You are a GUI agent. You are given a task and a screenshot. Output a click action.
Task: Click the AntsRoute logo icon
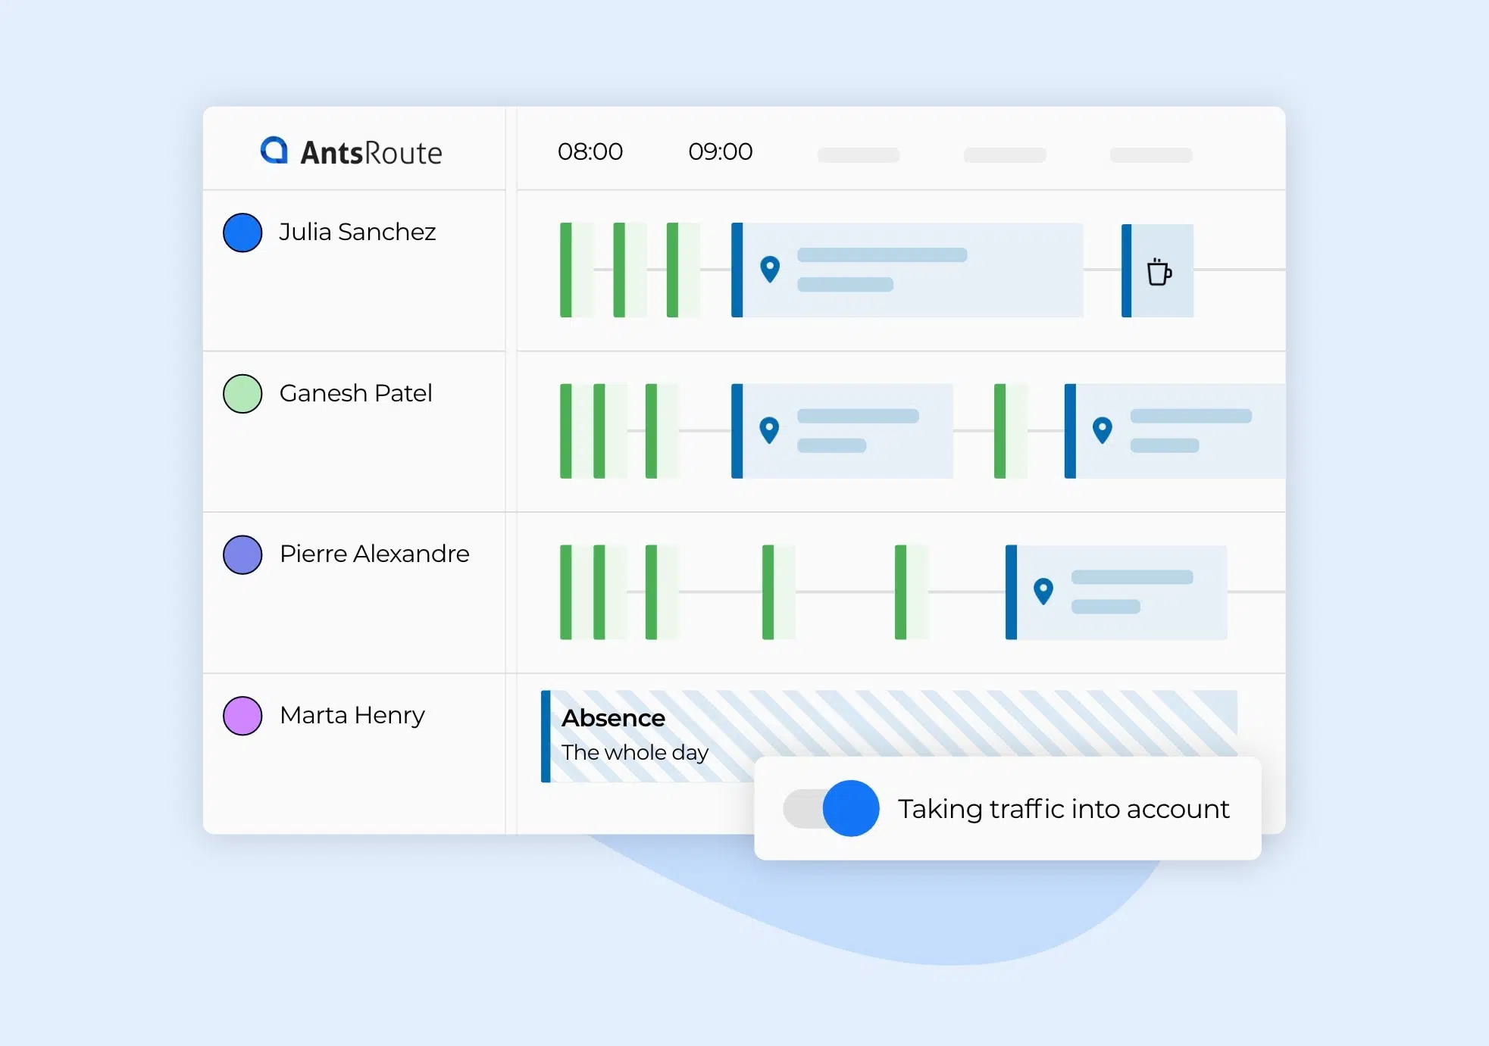point(274,150)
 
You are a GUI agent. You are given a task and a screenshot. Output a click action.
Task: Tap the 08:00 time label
point(590,151)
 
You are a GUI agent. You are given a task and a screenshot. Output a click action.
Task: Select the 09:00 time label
point(721,151)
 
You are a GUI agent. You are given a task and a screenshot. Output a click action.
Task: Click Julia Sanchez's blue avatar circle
point(242,233)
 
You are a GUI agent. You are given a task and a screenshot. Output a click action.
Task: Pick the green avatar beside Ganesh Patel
point(242,394)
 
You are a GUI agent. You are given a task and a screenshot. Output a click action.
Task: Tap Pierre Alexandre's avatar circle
point(242,554)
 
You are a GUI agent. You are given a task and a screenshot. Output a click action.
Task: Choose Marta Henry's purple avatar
point(242,716)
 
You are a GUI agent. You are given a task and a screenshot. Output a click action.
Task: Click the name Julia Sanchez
point(358,232)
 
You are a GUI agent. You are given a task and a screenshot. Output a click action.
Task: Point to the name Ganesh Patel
point(356,393)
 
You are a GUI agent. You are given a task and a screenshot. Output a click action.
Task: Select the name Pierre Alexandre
point(374,554)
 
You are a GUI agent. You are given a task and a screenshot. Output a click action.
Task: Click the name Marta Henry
point(352,715)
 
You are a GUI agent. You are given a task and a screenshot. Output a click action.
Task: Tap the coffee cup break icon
point(1159,271)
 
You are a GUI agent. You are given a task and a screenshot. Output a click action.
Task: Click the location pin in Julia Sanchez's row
point(770,269)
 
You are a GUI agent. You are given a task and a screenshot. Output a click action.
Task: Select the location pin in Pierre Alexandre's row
point(1043,591)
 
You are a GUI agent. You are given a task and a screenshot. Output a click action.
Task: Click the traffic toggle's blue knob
point(851,808)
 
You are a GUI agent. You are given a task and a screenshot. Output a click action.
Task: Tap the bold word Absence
point(613,718)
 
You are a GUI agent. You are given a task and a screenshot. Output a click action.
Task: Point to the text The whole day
point(635,752)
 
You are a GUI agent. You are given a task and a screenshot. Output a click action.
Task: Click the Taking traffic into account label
point(1064,809)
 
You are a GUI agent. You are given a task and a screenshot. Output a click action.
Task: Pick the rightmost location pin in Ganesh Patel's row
point(1103,430)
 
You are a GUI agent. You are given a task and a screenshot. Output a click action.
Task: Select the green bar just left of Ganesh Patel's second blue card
point(1000,431)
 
